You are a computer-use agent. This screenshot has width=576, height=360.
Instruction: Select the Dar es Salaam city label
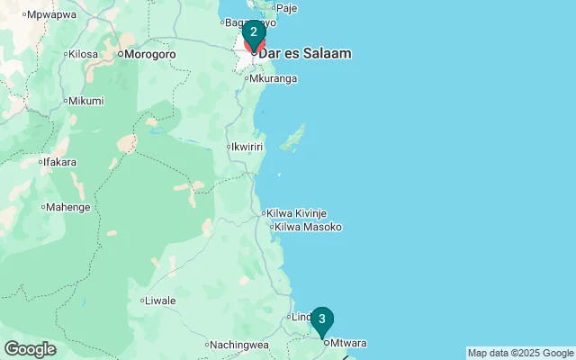point(304,53)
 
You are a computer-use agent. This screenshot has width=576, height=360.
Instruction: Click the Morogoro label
point(148,54)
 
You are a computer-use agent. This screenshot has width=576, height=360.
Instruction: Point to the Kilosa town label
point(83,54)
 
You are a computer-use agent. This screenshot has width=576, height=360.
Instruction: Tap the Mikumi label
point(85,101)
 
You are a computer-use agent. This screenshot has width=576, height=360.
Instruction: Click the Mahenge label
point(67,207)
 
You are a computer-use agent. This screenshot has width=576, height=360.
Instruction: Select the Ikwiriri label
point(246,146)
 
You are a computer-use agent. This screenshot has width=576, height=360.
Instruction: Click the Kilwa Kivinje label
point(296,213)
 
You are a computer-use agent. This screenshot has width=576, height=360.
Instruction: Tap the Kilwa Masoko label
point(308,227)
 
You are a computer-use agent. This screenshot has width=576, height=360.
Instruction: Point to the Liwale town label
point(160,301)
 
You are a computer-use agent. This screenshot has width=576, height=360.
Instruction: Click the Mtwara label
point(349,343)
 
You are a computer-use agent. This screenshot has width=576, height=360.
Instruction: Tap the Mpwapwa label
point(51,15)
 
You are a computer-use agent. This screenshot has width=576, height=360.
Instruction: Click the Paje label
point(286,8)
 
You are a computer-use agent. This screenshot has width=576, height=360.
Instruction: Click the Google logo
point(30,348)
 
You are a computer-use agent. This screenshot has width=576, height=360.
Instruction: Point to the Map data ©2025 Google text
point(520,353)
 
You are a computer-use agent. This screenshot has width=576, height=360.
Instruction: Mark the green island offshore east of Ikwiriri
point(292,139)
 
